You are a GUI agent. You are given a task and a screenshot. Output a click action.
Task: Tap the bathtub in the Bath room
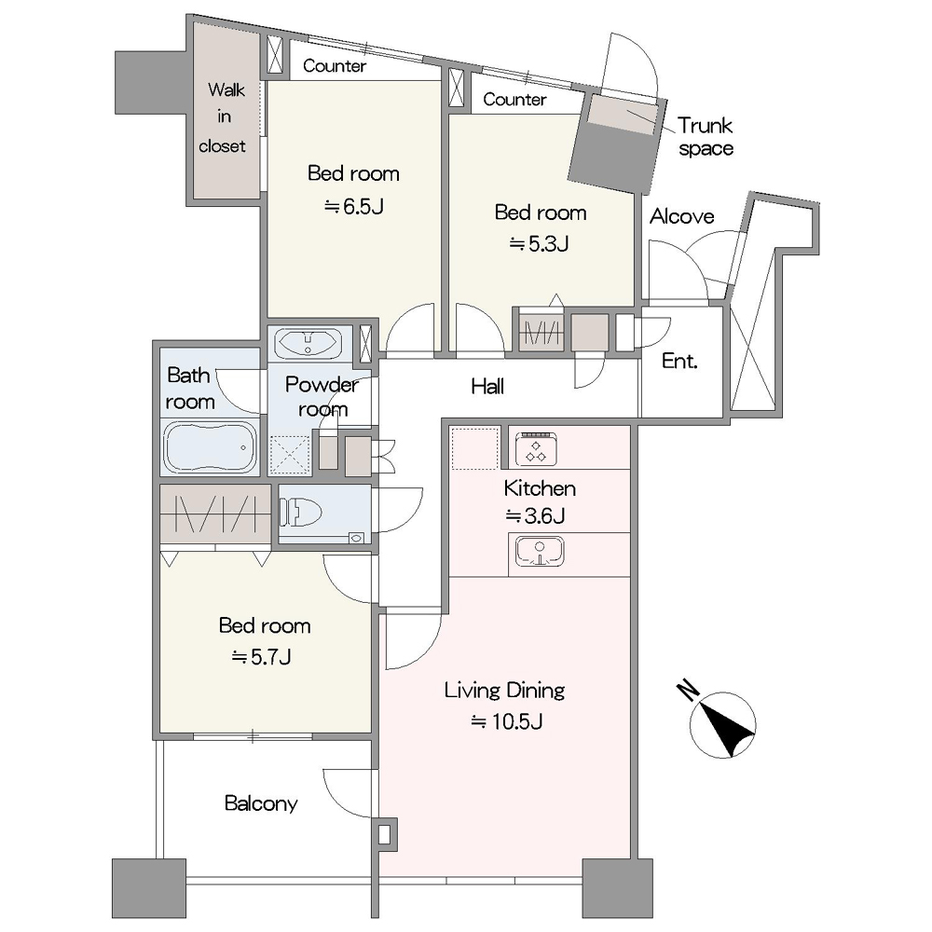pyautogui.click(x=209, y=447)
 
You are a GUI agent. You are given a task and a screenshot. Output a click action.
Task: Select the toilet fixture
pyautogui.click(x=301, y=513)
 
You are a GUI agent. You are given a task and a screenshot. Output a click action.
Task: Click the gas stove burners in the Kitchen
pyautogui.click(x=537, y=448)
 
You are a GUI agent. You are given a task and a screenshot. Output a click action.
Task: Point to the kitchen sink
pyautogui.click(x=539, y=551)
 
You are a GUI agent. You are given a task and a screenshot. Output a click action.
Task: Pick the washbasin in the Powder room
pyautogui.click(x=308, y=343)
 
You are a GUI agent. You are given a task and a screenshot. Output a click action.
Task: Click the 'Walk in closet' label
pyautogui.click(x=224, y=117)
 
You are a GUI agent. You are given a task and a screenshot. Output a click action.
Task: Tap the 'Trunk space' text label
pyautogui.click(x=706, y=137)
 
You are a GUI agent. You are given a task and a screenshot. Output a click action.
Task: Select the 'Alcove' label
pyautogui.click(x=682, y=216)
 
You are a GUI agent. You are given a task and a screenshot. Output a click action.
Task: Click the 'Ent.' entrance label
pyautogui.click(x=679, y=361)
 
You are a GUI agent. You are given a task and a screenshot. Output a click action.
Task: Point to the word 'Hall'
pyautogui.click(x=487, y=387)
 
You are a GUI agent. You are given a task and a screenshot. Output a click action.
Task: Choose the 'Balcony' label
pyautogui.click(x=261, y=803)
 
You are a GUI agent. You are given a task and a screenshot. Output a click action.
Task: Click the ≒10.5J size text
pyautogui.click(x=507, y=721)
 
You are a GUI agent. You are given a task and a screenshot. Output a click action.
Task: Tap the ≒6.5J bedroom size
pyautogui.click(x=353, y=206)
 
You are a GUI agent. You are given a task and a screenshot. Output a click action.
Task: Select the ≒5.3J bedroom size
pyautogui.click(x=539, y=243)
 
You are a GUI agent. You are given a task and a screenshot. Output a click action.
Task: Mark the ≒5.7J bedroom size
pyautogui.click(x=262, y=657)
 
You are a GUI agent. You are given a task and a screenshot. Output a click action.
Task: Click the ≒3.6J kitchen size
pyautogui.click(x=535, y=515)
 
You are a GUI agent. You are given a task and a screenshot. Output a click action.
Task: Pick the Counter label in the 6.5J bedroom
pyautogui.click(x=335, y=65)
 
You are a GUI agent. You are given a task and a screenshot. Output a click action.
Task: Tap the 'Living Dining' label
pyautogui.click(x=504, y=691)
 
